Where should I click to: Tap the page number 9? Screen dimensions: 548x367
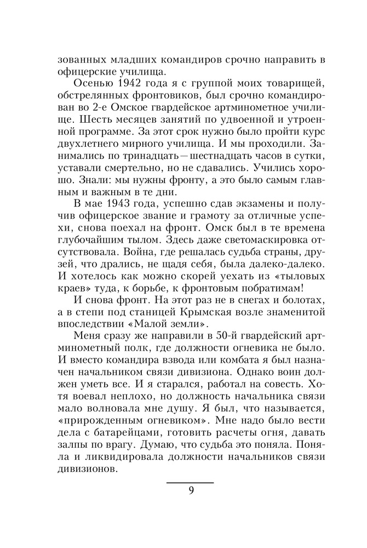[x=191, y=490]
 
